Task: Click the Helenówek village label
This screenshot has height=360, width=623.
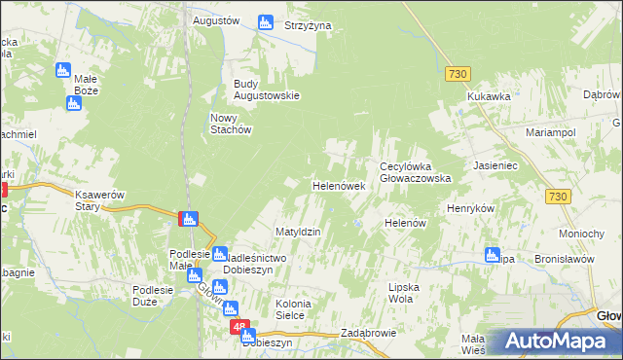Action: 338,185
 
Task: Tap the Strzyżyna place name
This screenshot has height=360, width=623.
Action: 308,24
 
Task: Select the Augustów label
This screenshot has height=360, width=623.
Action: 216,19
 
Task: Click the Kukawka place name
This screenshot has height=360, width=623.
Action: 489,97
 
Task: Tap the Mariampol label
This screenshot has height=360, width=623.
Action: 551,131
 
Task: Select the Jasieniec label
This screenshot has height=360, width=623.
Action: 499,166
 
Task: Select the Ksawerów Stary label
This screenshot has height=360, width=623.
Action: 101,200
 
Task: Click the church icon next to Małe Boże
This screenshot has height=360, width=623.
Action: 63,70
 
